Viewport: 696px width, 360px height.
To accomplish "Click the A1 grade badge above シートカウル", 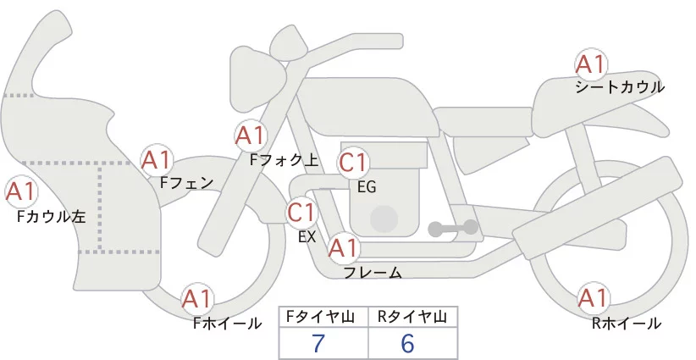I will [591, 65].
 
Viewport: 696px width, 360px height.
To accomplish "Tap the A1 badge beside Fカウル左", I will [20, 192].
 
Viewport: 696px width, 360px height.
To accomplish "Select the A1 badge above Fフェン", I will [157, 159].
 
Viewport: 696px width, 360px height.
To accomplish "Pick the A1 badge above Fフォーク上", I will [251, 135].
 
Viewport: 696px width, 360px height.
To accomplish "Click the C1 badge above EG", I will [353, 163].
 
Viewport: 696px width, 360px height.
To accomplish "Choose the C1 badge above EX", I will [301, 212].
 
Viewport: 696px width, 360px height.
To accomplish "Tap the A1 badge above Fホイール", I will [198, 299].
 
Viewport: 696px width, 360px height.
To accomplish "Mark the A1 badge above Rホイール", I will [592, 298].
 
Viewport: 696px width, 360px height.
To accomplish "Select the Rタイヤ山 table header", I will [412, 318].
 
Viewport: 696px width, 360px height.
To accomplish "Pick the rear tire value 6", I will [408, 344].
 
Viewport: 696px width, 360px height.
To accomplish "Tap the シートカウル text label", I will [620, 87].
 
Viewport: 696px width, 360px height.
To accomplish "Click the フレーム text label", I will [373, 273].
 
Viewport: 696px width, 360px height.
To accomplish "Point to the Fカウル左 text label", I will [52, 218].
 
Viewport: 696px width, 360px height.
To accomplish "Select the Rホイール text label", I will [627, 323].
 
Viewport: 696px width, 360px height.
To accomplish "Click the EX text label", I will [307, 237].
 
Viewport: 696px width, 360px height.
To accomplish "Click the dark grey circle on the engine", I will [384, 218].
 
